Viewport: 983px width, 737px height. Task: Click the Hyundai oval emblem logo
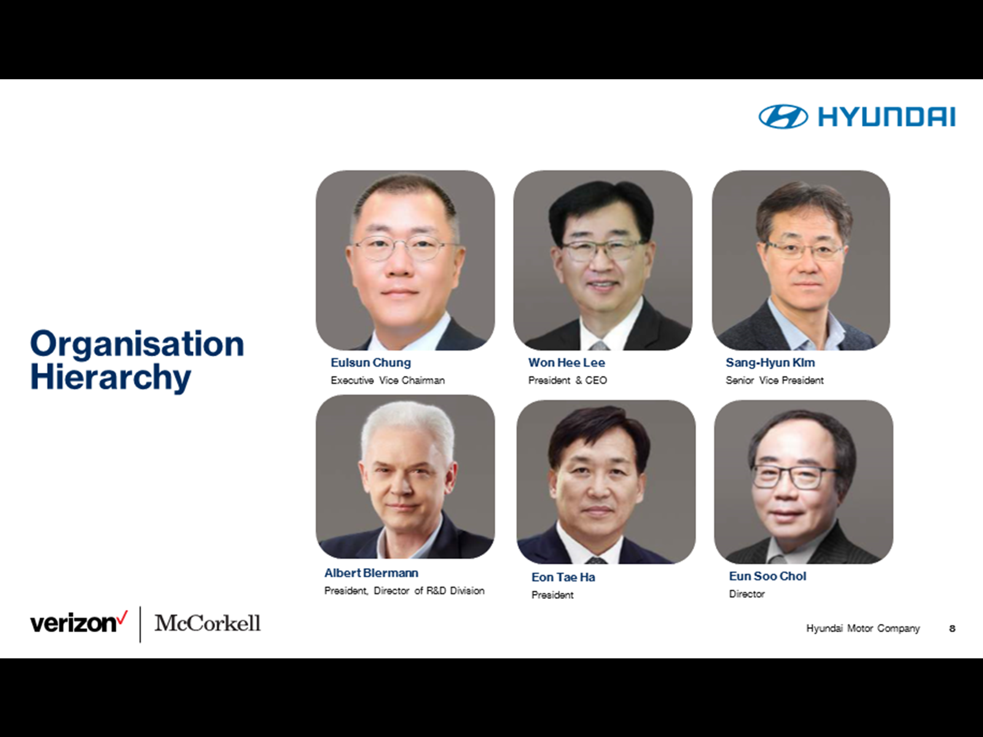point(783,117)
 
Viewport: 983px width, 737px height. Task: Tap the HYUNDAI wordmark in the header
point(887,117)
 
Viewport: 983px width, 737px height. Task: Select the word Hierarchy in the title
point(111,378)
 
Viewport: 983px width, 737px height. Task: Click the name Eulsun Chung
point(371,362)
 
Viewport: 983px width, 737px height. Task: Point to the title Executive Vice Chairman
point(388,380)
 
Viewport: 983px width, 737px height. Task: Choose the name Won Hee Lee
point(566,362)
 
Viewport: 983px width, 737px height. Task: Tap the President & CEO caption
point(568,380)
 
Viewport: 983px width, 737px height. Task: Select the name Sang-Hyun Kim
point(770,362)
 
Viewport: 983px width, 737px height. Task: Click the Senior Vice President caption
point(775,380)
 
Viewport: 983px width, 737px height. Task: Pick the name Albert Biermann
point(371,573)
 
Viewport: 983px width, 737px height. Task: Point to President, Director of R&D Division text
point(404,591)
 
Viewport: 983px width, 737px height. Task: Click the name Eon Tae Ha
point(563,577)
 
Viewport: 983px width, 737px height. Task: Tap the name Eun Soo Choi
point(767,576)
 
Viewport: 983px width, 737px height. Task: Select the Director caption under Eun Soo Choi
point(747,594)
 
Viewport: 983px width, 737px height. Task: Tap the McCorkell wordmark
point(207,623)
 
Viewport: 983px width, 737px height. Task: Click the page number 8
point(952,628)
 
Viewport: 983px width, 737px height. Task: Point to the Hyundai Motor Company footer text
point(863,628)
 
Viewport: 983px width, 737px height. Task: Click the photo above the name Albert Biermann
point(405,477)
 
